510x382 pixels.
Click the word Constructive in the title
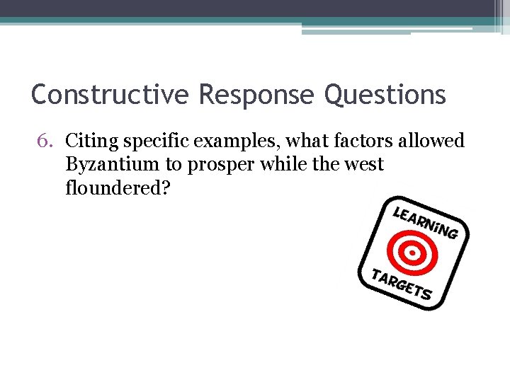point(110,94)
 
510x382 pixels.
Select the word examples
point(231,141)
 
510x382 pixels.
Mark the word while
point(274,165)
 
